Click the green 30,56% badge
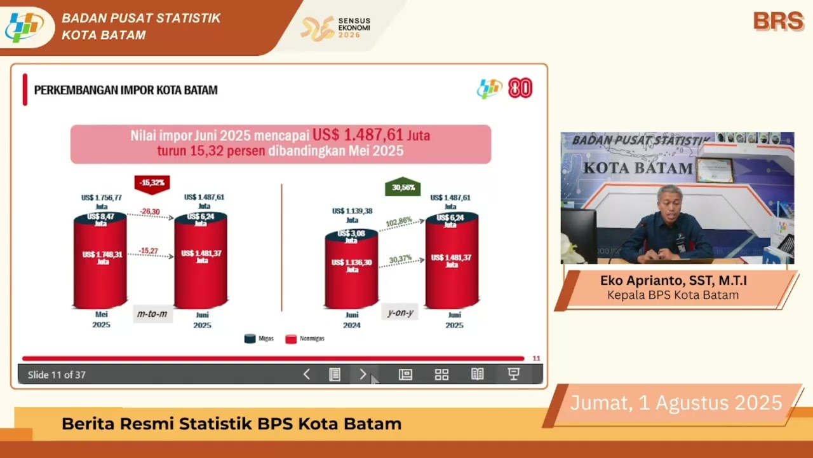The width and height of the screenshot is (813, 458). [x=403, y=187]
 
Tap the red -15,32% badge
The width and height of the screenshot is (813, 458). [x=152, y=183]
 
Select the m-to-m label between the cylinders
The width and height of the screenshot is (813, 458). [x=152, y=314]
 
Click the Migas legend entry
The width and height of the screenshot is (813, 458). [x=259, y=338]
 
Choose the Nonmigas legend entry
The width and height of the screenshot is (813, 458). [x=305, y=338]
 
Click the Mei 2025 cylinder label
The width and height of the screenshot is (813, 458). [x=101, y=319]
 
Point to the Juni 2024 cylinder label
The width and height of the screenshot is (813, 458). [x=351, y=319]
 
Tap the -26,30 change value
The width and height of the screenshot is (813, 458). [x=150, y=212]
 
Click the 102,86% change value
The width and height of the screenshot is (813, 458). [x=399, y=221]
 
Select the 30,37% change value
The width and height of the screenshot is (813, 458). [x=400, y=259]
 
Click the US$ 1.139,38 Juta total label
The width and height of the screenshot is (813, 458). [x=351, y=215]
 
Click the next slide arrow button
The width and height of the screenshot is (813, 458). [x=363, y=375]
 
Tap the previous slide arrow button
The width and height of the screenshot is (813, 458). [x=307, y=375]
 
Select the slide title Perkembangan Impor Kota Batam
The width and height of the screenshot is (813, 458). [x=126, y=90]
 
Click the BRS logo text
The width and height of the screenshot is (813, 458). [x=778, y=21]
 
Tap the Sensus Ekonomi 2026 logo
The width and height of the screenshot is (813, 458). [x=336, y=28]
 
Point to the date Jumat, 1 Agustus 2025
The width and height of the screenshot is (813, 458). [x=676, y=403]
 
